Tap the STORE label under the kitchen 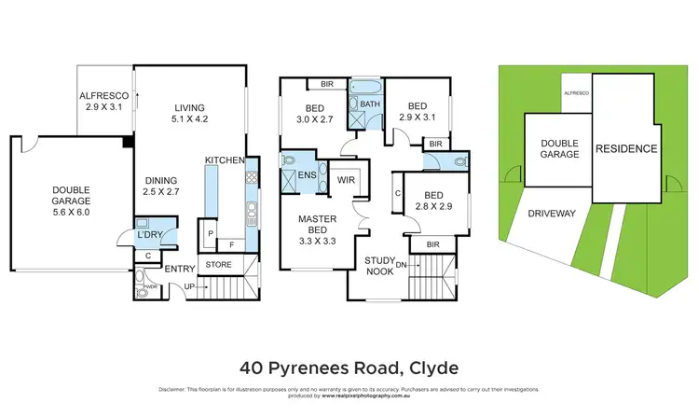(x=219, y=264)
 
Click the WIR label (x=348, y=180)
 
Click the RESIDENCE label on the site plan (x=626, y=149)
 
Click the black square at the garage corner (x=127, y=142)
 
